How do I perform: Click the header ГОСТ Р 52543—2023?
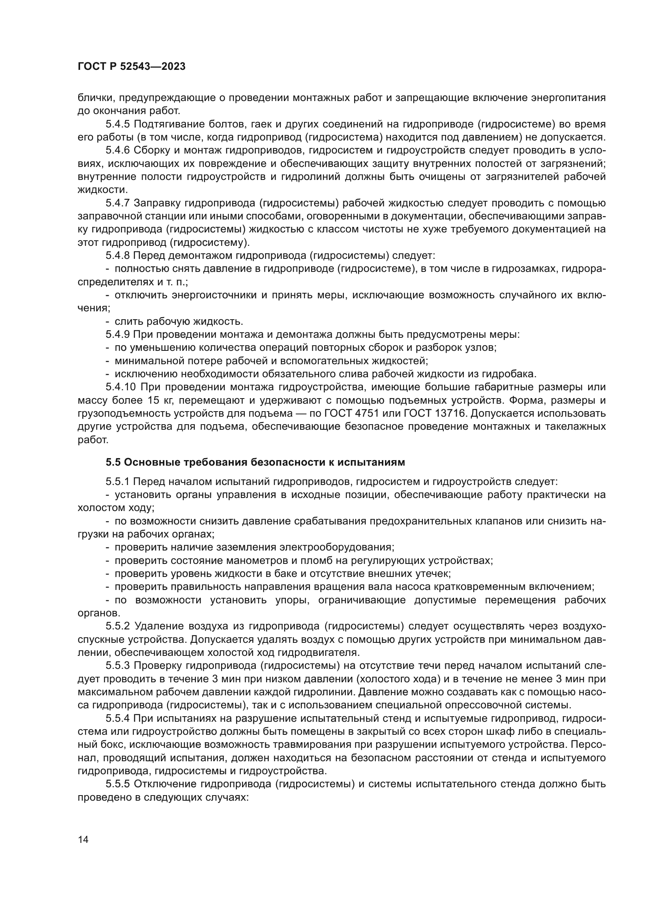(131, 67)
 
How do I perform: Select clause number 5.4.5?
(118, 124)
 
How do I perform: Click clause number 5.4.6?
(118, 150)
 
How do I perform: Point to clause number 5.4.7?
(118, 203)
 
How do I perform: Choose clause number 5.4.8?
(118, 256)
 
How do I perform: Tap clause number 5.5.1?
(118, 481)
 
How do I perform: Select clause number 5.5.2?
(118, 626)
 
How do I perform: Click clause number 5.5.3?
(118, 666)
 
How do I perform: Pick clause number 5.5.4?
(118, 718)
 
